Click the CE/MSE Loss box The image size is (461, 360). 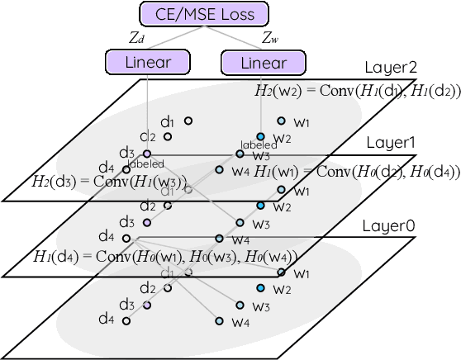[206, 13]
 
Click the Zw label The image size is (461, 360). [269, 37]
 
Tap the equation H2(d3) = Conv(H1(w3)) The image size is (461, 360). [109, 181]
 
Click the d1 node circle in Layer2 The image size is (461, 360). [188, 121]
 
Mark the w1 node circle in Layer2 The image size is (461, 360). [282, 121]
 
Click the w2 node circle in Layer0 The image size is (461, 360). [261, 288]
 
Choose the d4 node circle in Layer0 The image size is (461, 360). [126, 320]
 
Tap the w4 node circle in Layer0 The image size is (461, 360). [219, 321]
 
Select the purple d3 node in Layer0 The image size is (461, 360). [147, 305]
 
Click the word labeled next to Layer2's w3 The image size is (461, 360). [254, 144]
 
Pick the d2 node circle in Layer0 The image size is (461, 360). [168, 288]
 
